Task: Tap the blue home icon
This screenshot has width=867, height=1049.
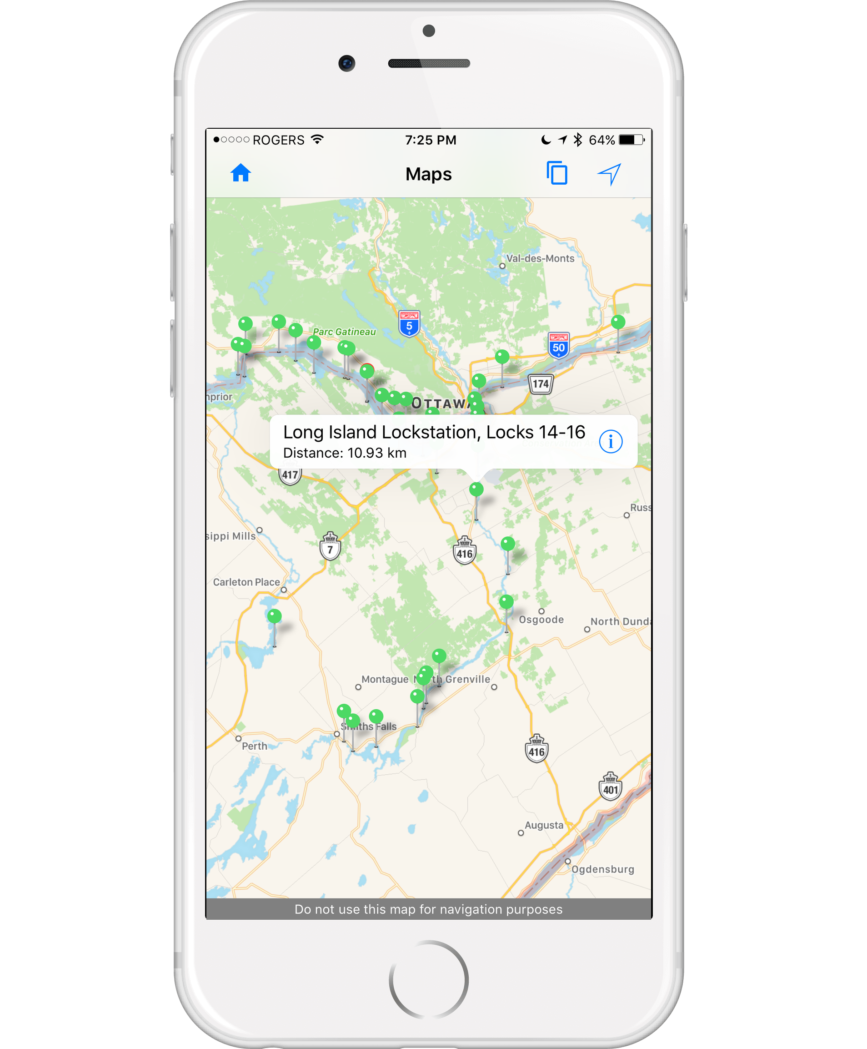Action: (x=241, y=173)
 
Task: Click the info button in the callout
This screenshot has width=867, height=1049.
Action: (x=611, y=442)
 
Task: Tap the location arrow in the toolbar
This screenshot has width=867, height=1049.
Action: (x=609, y=174)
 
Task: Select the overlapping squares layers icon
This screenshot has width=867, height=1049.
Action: (x=557, y=173)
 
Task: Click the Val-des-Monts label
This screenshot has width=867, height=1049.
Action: (x=540, y=259)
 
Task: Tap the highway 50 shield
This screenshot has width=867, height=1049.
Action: (x=559, y=345)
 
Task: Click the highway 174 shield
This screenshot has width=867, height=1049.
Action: (x=541, y=383)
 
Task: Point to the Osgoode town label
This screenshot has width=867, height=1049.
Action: (x=541, y=620)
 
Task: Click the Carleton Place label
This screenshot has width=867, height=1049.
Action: (x=246, y=582)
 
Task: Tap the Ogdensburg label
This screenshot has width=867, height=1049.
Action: (x=602, y=869)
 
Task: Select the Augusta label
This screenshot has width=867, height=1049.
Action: (x=544, y=825)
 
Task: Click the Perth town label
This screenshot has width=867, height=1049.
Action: (x=254, y=746)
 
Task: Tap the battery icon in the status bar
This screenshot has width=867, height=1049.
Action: (x=631, y=140)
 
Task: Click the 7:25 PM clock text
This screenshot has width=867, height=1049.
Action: (x=430, y=140)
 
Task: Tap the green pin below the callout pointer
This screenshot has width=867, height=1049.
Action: (x=476, y=490)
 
